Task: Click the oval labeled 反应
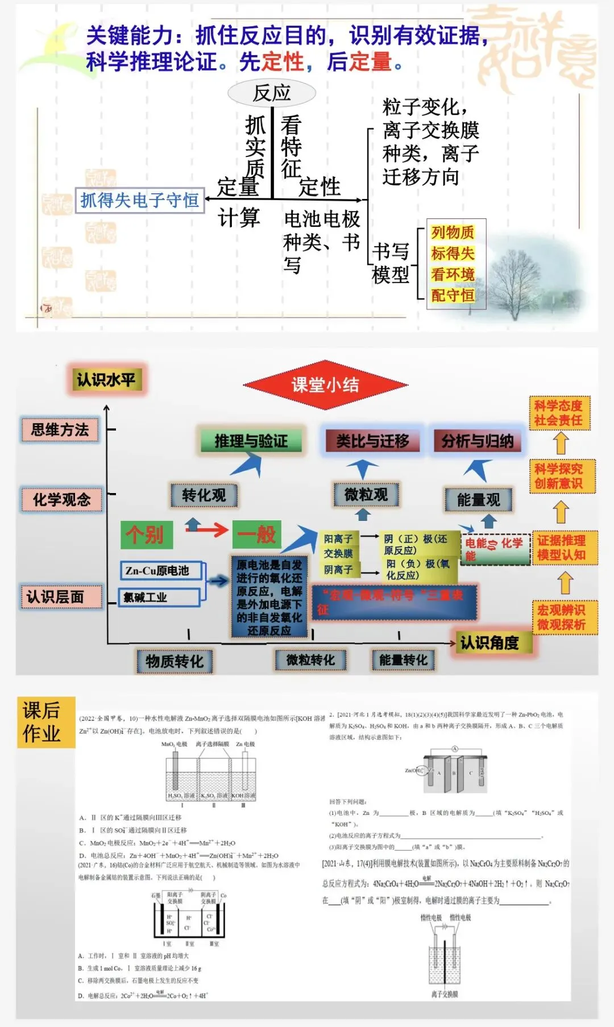tap(272, 93)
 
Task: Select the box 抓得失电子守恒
tap(140, 200)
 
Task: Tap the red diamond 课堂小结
tap(325, 385)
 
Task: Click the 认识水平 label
tap(106, 380)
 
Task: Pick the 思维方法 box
tap(60, 430)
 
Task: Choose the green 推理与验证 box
tap(251, 441)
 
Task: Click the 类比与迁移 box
tap(372, 441)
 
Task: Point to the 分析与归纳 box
tap(477, 441)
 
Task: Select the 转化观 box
tap(204, 495)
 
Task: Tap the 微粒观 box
tap(366, 494)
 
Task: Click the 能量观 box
tap(478, 500)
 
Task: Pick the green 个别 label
tap(146, 535)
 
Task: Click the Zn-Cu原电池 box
tap(161, 570)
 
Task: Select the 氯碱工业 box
tap(159, 597)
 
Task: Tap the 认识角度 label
tap(489, 643)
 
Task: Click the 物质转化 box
tap(175, 661)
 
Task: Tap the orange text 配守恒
tap(453, 296)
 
